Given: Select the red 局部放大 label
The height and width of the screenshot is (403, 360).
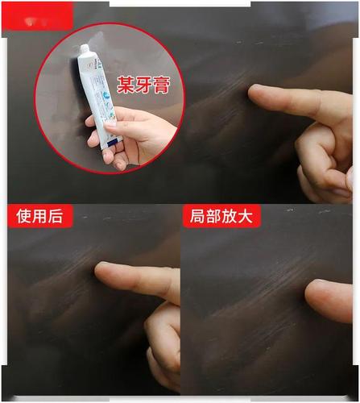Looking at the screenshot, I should [222, 216].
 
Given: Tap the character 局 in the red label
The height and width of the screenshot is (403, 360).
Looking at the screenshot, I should [197, 216].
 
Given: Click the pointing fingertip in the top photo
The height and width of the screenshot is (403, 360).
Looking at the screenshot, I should [256, 95].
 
